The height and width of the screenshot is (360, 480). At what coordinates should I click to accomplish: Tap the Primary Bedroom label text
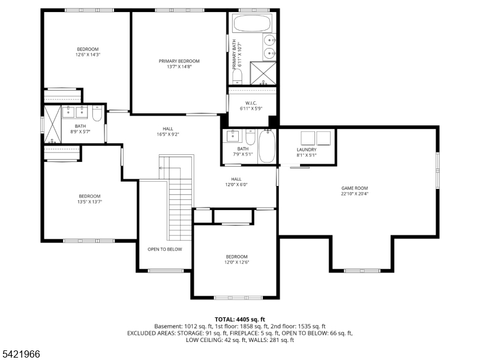point(179,61)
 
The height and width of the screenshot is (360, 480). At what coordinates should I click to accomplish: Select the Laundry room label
point(306,150)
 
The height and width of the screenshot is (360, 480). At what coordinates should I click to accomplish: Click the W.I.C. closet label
point(251,102)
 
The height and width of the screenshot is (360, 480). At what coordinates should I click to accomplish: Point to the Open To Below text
point(165,249)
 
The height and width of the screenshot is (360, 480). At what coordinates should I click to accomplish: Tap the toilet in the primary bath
point(237,75)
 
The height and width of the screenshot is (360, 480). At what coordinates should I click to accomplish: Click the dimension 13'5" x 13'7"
point(89,202)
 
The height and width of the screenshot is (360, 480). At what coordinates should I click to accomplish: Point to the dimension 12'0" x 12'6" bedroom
point(236,262)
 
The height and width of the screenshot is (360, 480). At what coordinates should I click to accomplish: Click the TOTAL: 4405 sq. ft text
point(240,319)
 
